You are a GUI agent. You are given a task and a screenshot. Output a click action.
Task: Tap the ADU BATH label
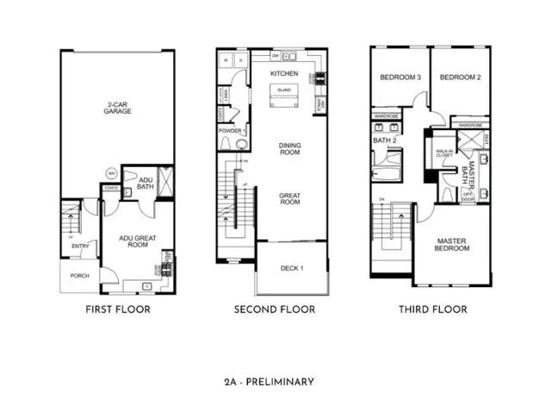point(145,183)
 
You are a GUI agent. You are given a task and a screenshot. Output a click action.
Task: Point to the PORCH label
point(79,276)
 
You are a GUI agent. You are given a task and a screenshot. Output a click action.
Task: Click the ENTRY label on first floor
point(79,246)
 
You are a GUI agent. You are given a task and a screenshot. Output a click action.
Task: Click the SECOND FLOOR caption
point(275,309)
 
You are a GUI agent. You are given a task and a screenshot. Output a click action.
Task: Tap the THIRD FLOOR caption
point(432,309)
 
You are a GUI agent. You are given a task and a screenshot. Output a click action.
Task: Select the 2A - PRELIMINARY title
point(275,381)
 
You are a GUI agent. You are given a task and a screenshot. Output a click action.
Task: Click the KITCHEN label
point(283,74)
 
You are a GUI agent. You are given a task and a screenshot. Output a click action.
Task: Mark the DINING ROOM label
point(289,150)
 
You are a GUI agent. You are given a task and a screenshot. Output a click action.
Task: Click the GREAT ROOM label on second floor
point(289,200)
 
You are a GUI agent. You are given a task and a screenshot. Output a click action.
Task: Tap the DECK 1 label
point(292,268)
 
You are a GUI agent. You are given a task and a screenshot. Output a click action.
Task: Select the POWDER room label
point(229,131)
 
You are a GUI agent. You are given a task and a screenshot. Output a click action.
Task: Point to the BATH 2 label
point(384,139)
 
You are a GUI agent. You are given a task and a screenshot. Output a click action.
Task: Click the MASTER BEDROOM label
point(453,245)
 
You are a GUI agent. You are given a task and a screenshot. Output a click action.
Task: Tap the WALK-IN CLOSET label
point(445,154)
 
